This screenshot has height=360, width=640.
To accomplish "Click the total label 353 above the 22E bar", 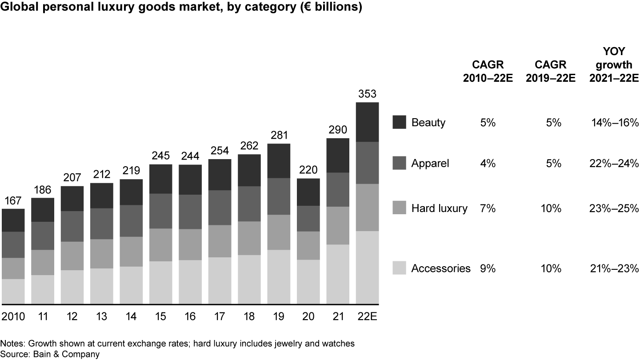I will [367, 94].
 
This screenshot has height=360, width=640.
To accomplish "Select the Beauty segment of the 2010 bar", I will [13, 220].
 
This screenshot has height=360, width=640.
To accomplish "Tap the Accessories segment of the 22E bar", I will [367, 268].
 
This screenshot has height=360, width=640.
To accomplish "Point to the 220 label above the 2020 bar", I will [308, 170].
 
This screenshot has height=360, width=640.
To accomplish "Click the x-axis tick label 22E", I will [367, 316].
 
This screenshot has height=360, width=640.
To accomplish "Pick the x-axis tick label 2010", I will [13, 316].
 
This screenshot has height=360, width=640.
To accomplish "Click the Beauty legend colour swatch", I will [400, 122].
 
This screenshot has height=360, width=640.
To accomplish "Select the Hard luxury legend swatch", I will [400, 208].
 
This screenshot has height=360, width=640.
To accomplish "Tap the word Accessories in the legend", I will [441, 268].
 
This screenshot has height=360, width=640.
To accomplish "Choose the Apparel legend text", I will [430, 164].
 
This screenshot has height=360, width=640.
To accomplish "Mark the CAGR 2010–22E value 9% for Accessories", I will [488, 268].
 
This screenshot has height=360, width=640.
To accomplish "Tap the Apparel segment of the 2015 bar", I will [161, 211].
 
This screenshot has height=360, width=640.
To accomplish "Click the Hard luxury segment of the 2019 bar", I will [279, 232].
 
